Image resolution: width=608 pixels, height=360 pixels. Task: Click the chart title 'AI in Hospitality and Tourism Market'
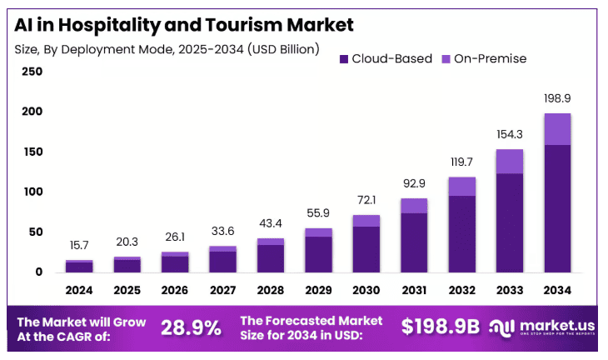(x=184, y=25)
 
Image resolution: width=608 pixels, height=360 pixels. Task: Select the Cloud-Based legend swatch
(x=343, y=59)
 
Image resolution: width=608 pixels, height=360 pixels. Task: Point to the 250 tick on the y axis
(x=32, y=72)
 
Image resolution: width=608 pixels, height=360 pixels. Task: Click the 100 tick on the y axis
(x=32, y=192)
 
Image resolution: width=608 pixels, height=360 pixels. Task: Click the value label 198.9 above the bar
(x=556, y=98)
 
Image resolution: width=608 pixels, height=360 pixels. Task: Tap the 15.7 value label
(x=79, y=245)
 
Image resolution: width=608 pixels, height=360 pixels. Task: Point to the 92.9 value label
(x=414, y=182)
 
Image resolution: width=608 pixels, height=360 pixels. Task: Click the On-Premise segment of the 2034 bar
(x=557, y=129)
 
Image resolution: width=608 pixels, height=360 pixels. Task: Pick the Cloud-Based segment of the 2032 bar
(x=461, y=233)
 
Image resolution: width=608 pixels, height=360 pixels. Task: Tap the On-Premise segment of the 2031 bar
(x=414, y=205)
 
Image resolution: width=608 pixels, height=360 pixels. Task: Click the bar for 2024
(x=79, y=267)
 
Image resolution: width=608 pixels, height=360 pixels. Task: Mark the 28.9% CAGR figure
(x=190, y=327)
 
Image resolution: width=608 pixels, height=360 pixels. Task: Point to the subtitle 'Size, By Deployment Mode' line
(x=167, y=49)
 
